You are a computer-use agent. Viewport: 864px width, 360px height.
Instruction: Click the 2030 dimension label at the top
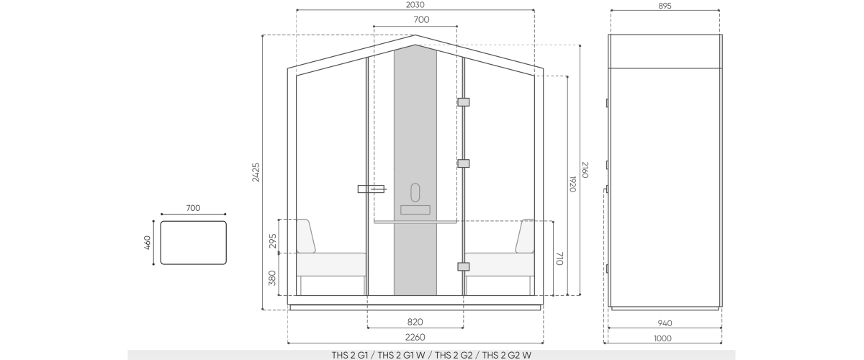[x=415, y=4]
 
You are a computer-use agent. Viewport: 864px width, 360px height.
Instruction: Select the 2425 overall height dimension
[x=256, y=172]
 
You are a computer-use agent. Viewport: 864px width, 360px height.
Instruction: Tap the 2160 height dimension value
[x=585, y=170]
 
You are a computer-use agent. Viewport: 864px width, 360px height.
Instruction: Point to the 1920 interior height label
[x=572, y=184]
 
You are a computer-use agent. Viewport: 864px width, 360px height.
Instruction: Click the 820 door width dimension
[x=415, y=322]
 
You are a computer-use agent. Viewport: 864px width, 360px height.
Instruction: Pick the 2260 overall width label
[x=415, y=337]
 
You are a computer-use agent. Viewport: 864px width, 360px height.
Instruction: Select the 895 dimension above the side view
[x=665, y=6]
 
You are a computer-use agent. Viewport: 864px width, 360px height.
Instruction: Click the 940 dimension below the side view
[x=665, y=323]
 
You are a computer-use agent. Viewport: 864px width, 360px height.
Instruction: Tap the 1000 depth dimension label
[x=662, y=338]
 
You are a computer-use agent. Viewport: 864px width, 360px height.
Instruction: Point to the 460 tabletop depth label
[x=148, y=243]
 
